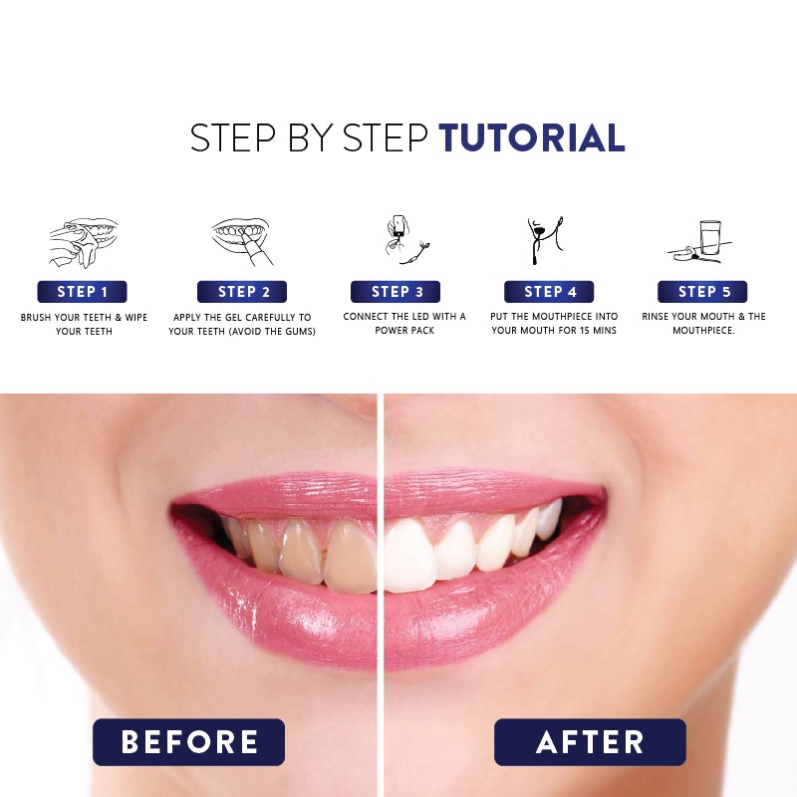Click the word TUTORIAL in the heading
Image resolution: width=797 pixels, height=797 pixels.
pyautogui.click(x=532, y=138)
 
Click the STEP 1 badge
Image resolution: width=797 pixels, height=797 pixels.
pyautogui.click(x=83, y=292)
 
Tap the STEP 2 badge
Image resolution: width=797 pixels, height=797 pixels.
pyautogui.click(x=242, y=292)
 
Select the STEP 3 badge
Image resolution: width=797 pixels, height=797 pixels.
pyautogui.click(x=396, y=292)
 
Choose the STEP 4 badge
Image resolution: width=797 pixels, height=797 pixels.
pyautogui.click(x=549, y=292)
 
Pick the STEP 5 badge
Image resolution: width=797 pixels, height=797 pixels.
pyautogui.click(x=702, y=292)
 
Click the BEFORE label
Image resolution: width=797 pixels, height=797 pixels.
pyautogui.click(x=189, y=742)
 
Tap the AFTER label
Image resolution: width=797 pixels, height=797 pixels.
pyautogui.click(x=590, y=742)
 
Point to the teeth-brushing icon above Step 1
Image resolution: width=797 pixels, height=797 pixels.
pyautogui.click(x=83, y=243)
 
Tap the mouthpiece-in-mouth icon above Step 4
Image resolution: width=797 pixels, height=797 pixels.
pyautogui.click(x=547, y=240)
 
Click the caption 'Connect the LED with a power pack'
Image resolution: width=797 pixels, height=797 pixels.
pyautogui.click(x=403, y=324)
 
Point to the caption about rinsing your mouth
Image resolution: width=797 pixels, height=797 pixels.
pyautogui.click(x=702, y=324)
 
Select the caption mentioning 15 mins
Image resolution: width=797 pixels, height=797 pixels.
pyautogui.click(x=554, y=324)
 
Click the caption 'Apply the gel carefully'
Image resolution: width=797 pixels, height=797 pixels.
pyautogui.click(x=242, y=324)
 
